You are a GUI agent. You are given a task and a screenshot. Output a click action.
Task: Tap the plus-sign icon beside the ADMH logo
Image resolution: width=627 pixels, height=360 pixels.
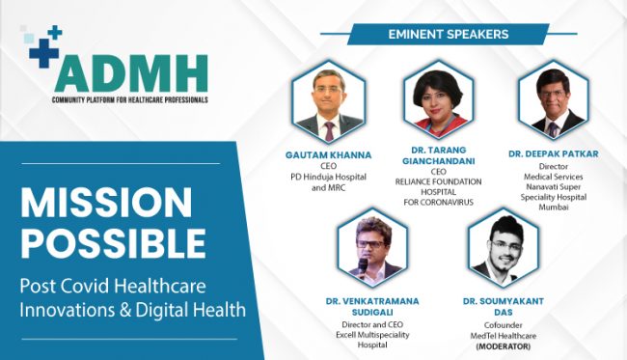pyautogui.click(x=44, y=47)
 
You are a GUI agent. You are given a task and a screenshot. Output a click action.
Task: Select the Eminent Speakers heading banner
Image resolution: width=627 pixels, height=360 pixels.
pyautogui.click(x=448, y=34)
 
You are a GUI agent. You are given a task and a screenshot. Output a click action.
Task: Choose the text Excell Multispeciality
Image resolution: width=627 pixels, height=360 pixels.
pyautogui.click(x=372, y=332)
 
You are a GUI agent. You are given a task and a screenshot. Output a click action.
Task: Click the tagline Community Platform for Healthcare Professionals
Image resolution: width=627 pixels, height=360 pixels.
pyautogui.click(x=130, y=99)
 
